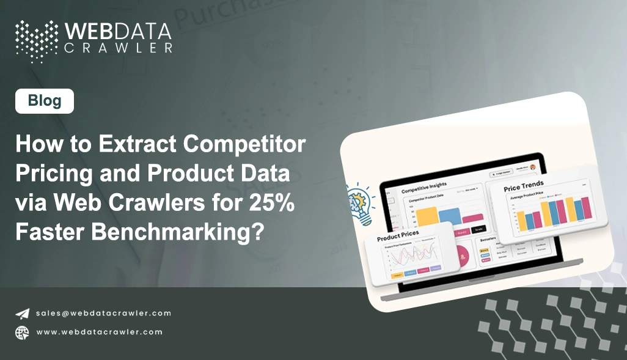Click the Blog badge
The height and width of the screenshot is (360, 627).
pos(45,101)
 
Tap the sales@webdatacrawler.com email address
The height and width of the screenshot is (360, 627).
pos(103,313)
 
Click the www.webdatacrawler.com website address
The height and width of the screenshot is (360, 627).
pos(99,332)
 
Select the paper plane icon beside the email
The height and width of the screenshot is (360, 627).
pos(22,314)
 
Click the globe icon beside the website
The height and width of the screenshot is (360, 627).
pos(22,332)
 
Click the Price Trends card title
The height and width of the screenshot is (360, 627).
pos(524,186)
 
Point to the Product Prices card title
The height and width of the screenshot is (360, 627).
pos(398,235)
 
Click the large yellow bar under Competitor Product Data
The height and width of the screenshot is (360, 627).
pos(428,216)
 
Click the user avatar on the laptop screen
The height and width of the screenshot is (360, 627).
pos(532,167)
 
